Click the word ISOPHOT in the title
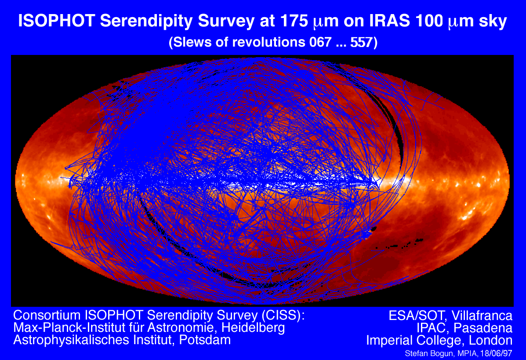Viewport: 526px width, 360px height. click(57, 21)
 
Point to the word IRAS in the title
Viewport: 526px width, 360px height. click(390, 21)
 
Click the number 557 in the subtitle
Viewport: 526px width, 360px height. click(362, 42)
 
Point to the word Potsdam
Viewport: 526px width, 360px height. click(205, 340)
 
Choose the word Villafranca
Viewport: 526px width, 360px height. click(482, 316)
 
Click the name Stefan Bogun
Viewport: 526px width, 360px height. click(426, 353)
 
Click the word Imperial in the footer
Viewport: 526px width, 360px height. click(390, 341)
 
